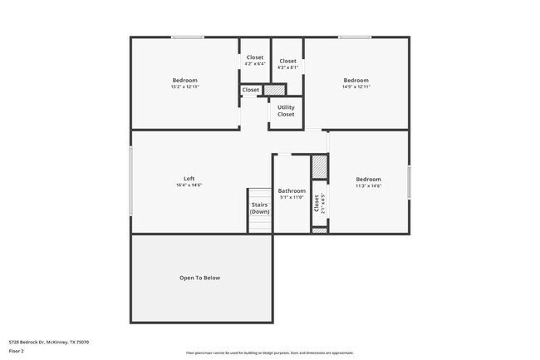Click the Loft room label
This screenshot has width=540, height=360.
(189, 179)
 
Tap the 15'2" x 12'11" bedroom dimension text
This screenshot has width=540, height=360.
(185, 86)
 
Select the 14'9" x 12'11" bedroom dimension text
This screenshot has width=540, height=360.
(356, 86)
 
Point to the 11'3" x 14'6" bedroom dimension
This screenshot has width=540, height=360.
(368, 185)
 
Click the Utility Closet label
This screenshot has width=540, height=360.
(286, 111)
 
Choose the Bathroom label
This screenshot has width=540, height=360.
(292, 190)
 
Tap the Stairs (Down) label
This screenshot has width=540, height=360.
(260, 209)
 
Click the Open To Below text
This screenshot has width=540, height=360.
(200, 278)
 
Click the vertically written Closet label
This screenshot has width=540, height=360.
(317, 204)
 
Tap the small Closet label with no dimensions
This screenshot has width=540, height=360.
(251, 90)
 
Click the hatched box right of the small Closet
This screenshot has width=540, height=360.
(274, 90)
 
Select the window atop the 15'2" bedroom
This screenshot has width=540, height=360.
(188, 37)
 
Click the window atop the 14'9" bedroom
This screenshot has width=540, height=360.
(355, 37)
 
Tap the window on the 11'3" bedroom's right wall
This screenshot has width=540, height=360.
(409, 182)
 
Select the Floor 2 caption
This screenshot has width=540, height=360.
(17, 352)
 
